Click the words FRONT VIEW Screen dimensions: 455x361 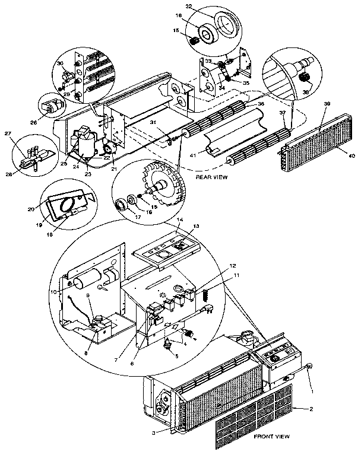click(x=272, y=437)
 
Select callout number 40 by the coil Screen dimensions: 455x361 click(x=351, y=155)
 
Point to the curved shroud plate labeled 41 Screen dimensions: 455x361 click(x=232, y=141)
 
